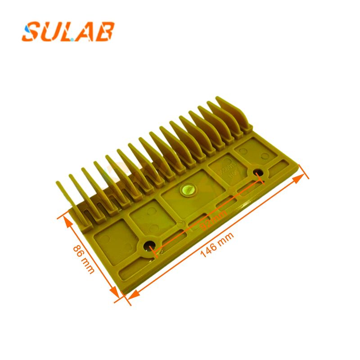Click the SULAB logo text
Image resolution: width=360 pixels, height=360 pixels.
click(68, 32)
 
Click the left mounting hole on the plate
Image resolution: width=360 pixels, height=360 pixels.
click(149, 246)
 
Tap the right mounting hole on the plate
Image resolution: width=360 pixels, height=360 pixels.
click(259, 172)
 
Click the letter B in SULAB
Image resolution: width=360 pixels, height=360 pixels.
click(105, 32)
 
